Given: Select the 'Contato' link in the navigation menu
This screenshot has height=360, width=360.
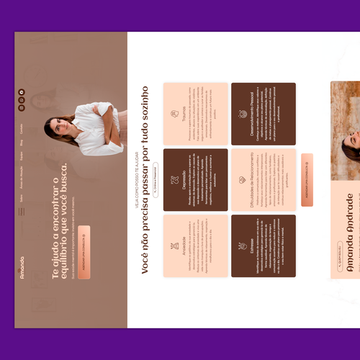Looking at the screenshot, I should (x=22, y=128).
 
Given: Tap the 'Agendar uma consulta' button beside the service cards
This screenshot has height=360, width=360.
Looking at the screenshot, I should (x=307, y=179).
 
